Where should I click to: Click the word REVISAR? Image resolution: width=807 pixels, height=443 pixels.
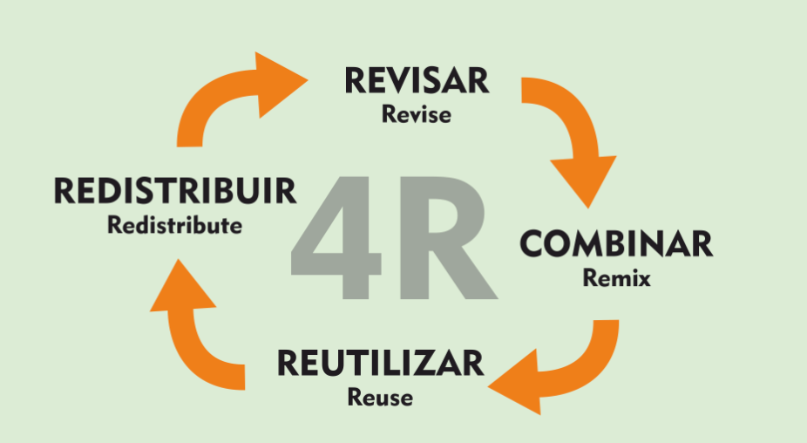click(x=417, y=80)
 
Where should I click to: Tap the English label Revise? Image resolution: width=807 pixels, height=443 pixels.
click(x=417, y=114)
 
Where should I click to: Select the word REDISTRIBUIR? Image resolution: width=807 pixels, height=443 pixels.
click(x=174, y=191)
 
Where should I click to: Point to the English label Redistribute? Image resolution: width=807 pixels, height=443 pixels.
click(x=174, y=224)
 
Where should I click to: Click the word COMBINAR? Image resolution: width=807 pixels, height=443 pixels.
click(x=616, y=245)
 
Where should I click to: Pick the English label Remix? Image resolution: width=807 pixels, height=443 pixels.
click(x=616, y=280)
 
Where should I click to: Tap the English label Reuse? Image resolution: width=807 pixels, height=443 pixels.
click(x=380, y=398)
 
